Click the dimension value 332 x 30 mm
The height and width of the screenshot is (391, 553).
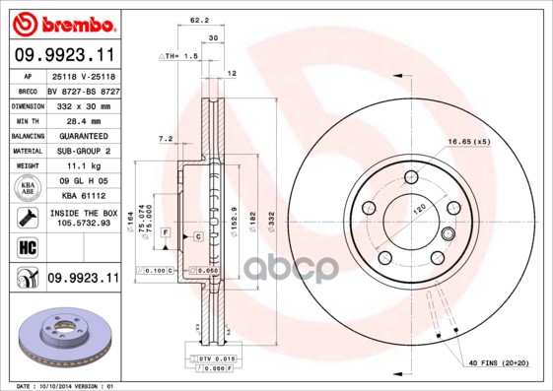coord(81,104)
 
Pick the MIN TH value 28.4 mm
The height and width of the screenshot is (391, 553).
coord(81,119)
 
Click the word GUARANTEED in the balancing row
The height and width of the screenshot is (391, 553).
coord(81,135)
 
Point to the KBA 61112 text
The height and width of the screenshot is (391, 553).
coord(81,196)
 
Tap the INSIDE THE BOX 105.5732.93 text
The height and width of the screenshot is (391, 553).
coord(82,218)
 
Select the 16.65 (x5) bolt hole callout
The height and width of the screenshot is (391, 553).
coord(469,142)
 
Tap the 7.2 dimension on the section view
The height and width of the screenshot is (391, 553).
coord(165,138)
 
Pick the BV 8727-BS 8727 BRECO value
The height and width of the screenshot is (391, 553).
coord(81,89)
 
